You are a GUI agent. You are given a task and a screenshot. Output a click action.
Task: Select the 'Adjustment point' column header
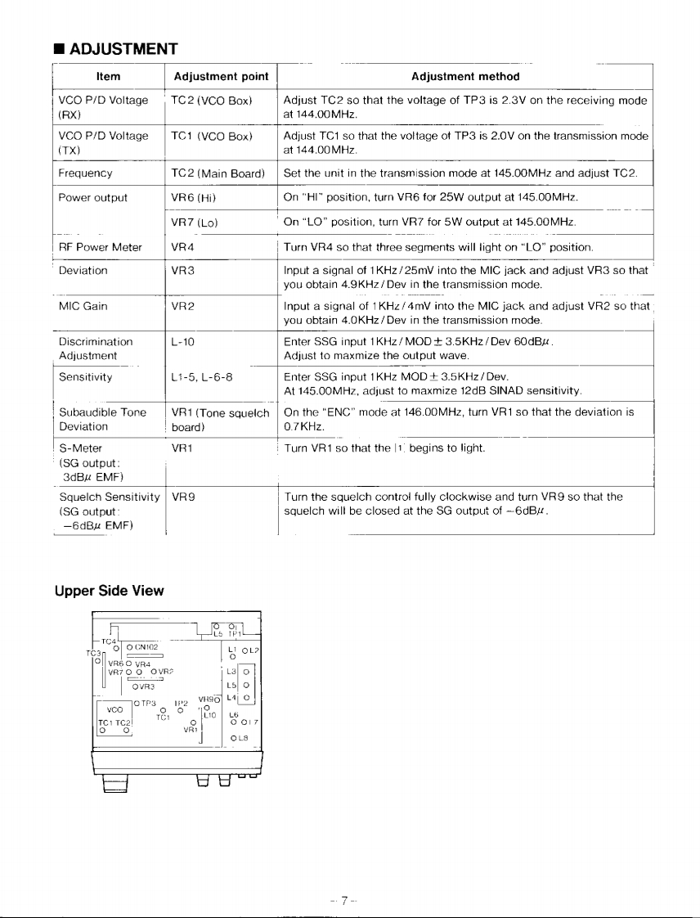pos(221,76)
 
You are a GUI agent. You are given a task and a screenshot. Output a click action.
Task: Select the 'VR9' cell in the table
pos(181,496)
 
